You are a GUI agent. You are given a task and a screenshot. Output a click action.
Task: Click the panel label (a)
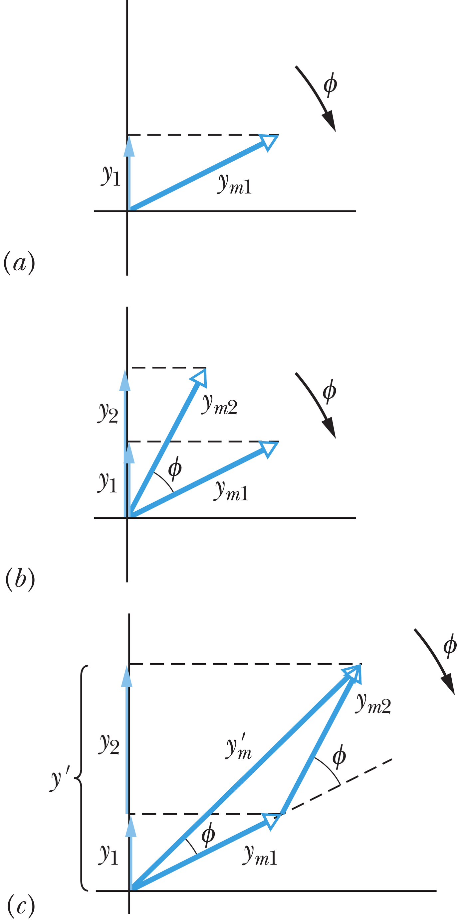(19, 263)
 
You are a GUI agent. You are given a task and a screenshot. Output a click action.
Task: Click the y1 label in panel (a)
(111, 176)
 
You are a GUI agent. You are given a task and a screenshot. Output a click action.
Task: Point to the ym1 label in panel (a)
(234, 184)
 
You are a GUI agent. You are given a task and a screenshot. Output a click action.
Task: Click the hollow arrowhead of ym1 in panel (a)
(269, 142)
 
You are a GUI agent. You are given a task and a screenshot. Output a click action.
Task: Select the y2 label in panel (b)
(108, 413)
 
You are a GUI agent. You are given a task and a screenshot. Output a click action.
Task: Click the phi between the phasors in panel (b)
(175, 469)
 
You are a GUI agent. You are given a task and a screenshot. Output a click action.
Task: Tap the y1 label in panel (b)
(108, 482)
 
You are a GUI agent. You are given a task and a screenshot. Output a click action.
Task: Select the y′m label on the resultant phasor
(239, 747)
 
